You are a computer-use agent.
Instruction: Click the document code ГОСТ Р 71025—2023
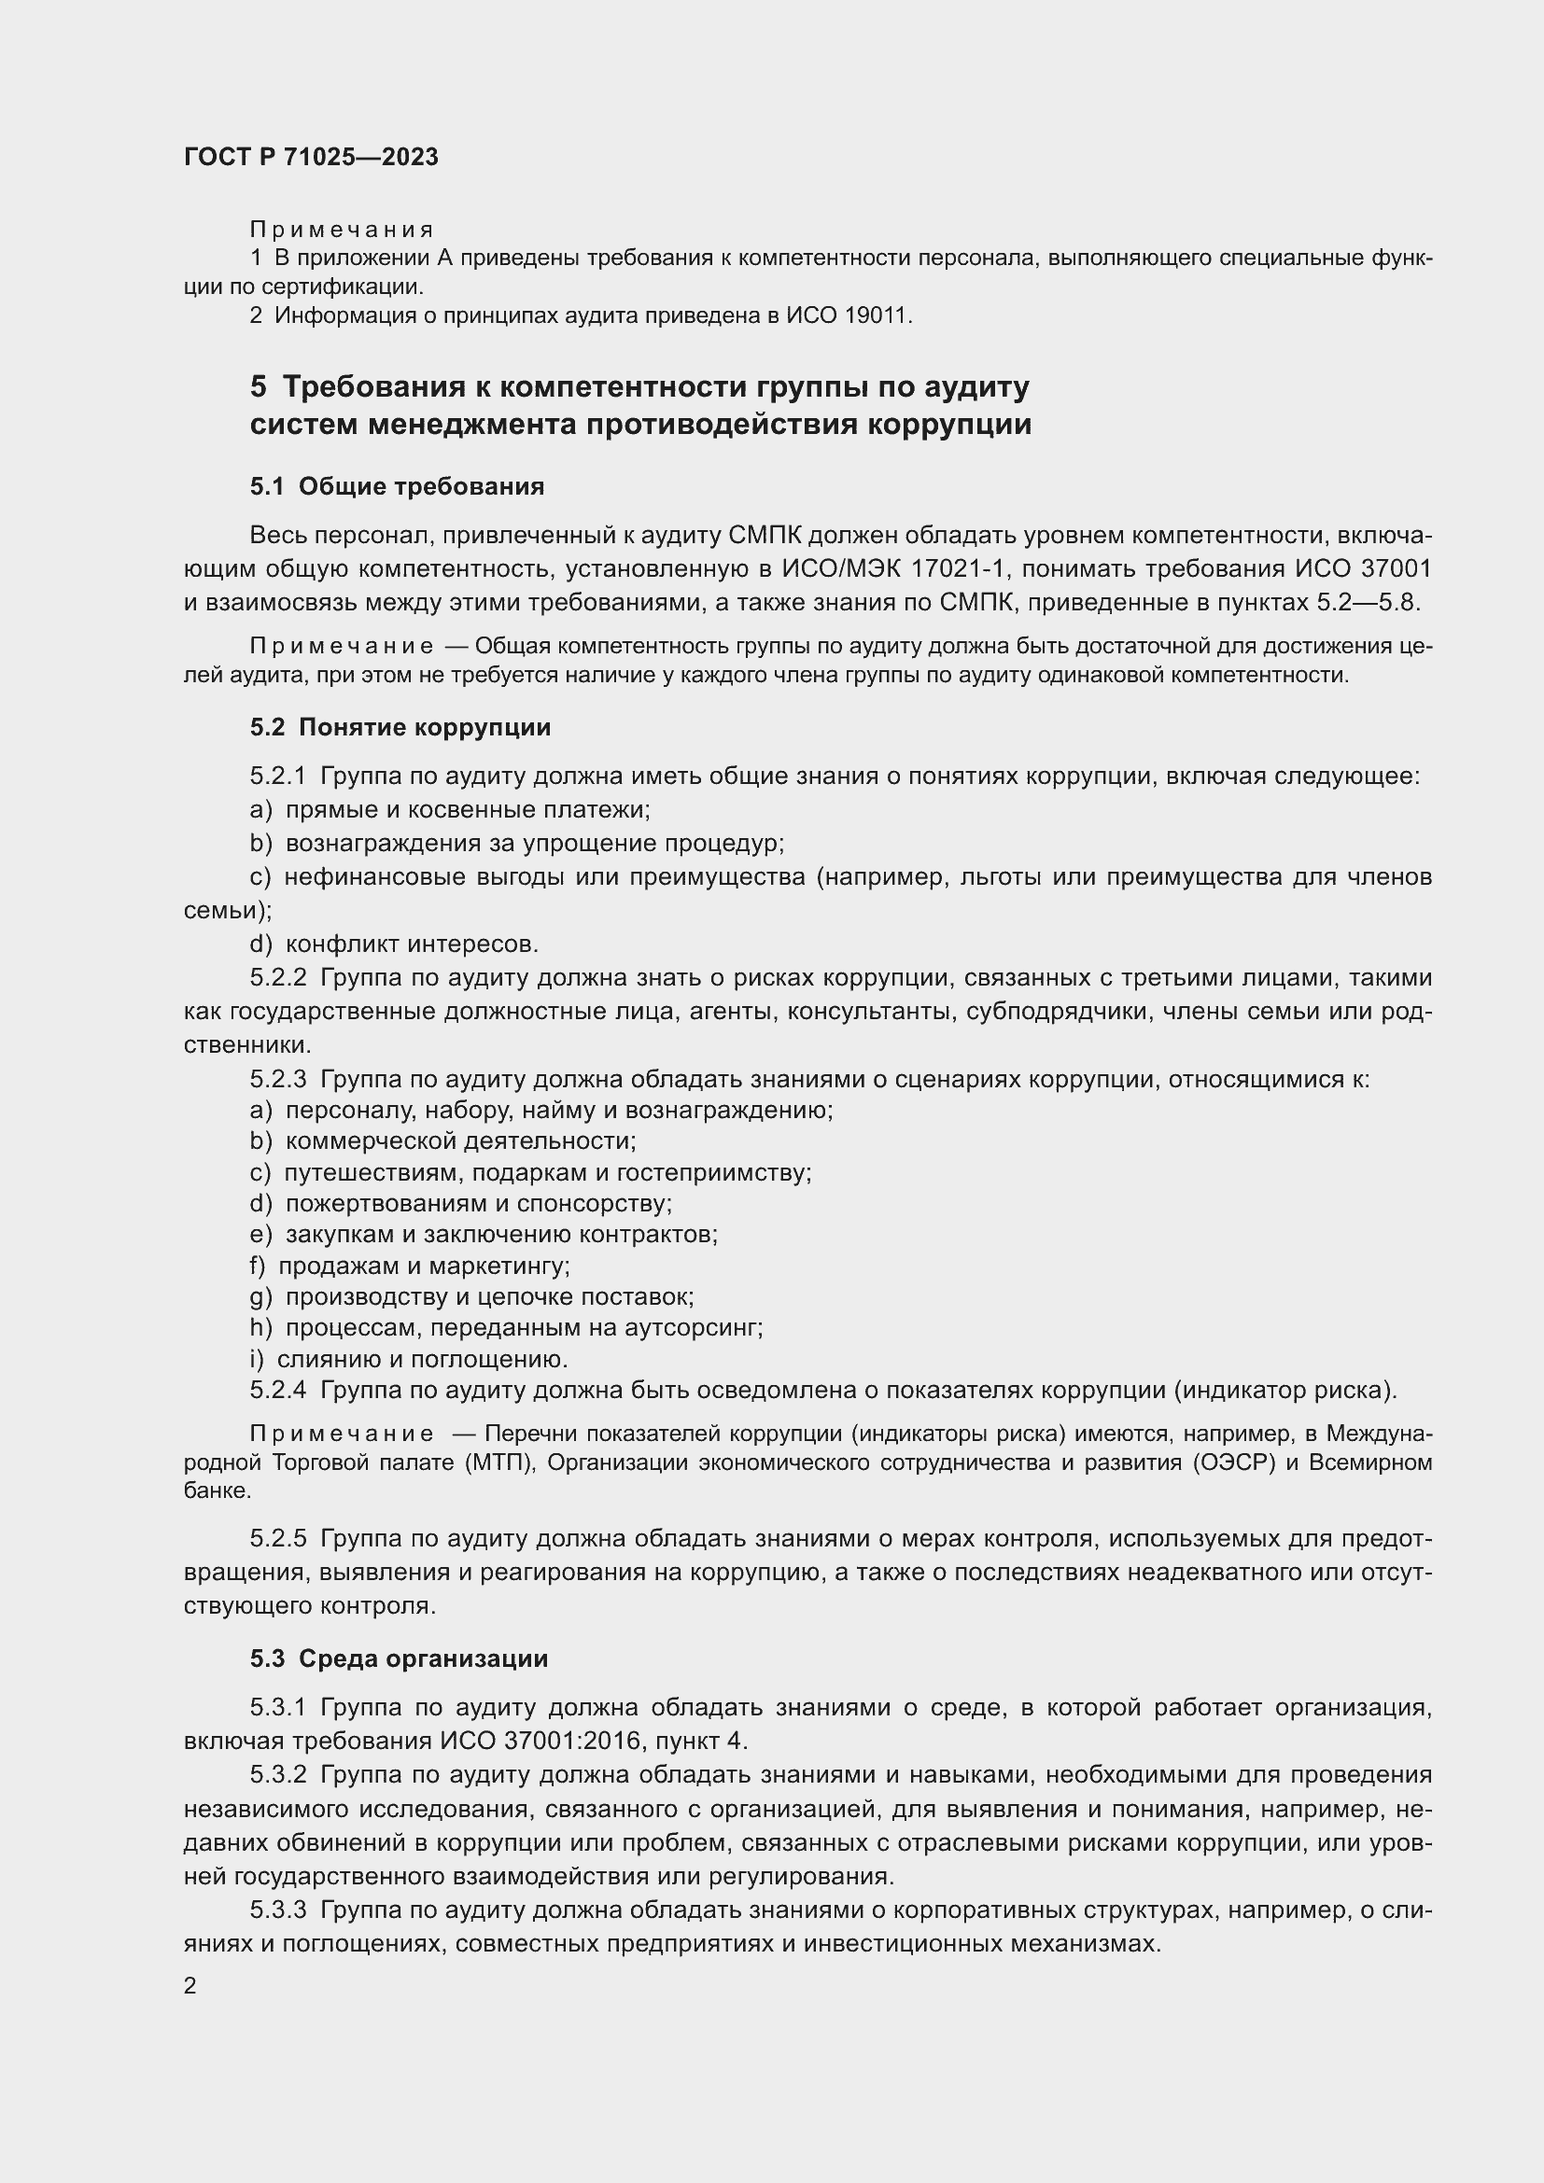click(311, 157)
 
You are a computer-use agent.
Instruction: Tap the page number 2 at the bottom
click(190, 1985)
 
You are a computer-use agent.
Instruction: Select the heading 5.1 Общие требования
click(397, 487)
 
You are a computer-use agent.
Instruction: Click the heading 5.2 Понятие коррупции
click(400, 727)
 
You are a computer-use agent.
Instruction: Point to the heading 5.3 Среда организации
click(399, 1658)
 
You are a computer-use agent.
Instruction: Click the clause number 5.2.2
click(277, 977)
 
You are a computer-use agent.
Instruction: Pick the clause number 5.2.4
click(277, 1390)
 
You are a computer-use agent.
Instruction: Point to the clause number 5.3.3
click(277, 1910)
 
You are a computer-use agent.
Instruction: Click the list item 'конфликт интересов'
click(412, 945)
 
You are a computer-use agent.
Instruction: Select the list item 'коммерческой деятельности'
click(461, 1140)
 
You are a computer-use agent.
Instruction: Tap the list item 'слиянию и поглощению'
click(422, 1359)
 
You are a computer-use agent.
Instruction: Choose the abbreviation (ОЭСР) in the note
click(1231, 1462)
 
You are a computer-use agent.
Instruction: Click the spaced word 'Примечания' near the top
click(342, 230)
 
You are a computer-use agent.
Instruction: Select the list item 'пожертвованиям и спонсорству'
click(478, 1204)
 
